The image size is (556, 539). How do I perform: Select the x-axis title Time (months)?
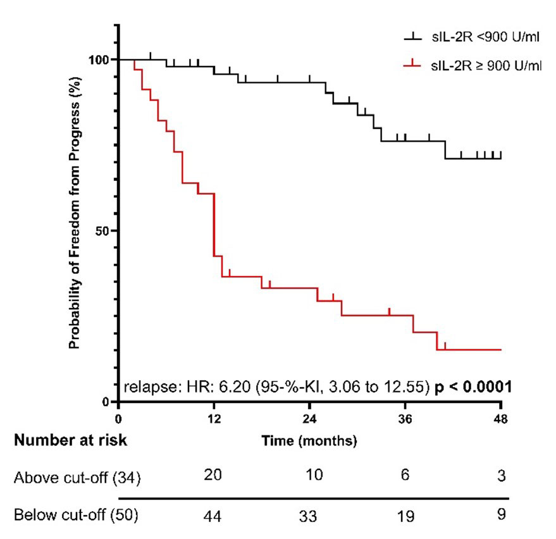[310, 441]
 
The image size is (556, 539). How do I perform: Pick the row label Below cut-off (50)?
[76, 515]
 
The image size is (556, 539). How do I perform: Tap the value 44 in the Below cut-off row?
[214, 515]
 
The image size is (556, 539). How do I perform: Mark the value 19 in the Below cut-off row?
[405, 515]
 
